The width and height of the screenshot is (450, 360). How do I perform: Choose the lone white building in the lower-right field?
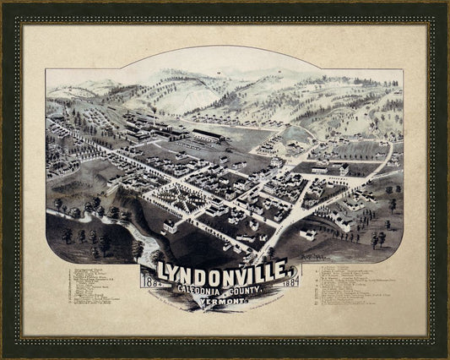(307, 234)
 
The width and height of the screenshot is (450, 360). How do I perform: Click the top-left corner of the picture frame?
(3, 3)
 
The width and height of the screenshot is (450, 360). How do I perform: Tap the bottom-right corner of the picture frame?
(447, 357)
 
